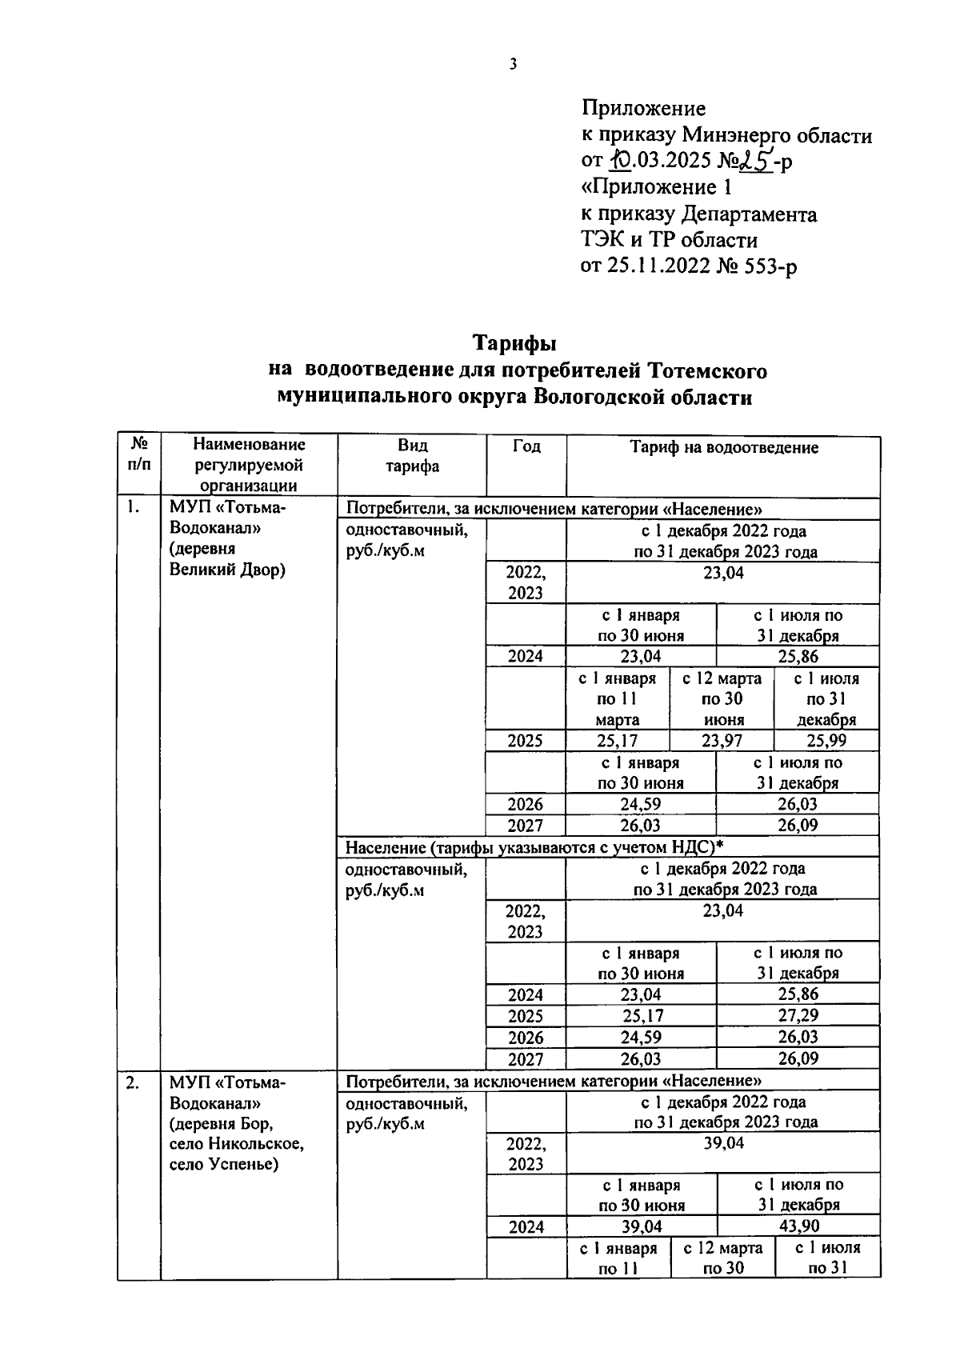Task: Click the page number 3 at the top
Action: (513, 65)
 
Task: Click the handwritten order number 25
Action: (753, 162)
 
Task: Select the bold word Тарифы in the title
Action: (514, 343)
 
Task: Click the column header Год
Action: (526, 447)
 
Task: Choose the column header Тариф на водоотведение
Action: (723, 448)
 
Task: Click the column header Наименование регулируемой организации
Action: (248, 466)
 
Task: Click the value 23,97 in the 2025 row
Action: (722, 741)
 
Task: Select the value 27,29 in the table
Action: (798, 1016)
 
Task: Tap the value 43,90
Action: (798, 1226)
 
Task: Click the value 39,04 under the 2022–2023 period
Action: (723, 1143)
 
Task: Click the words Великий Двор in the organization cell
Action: (227, 570)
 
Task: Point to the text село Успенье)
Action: (223, 1165)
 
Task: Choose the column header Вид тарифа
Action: (411, 456)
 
